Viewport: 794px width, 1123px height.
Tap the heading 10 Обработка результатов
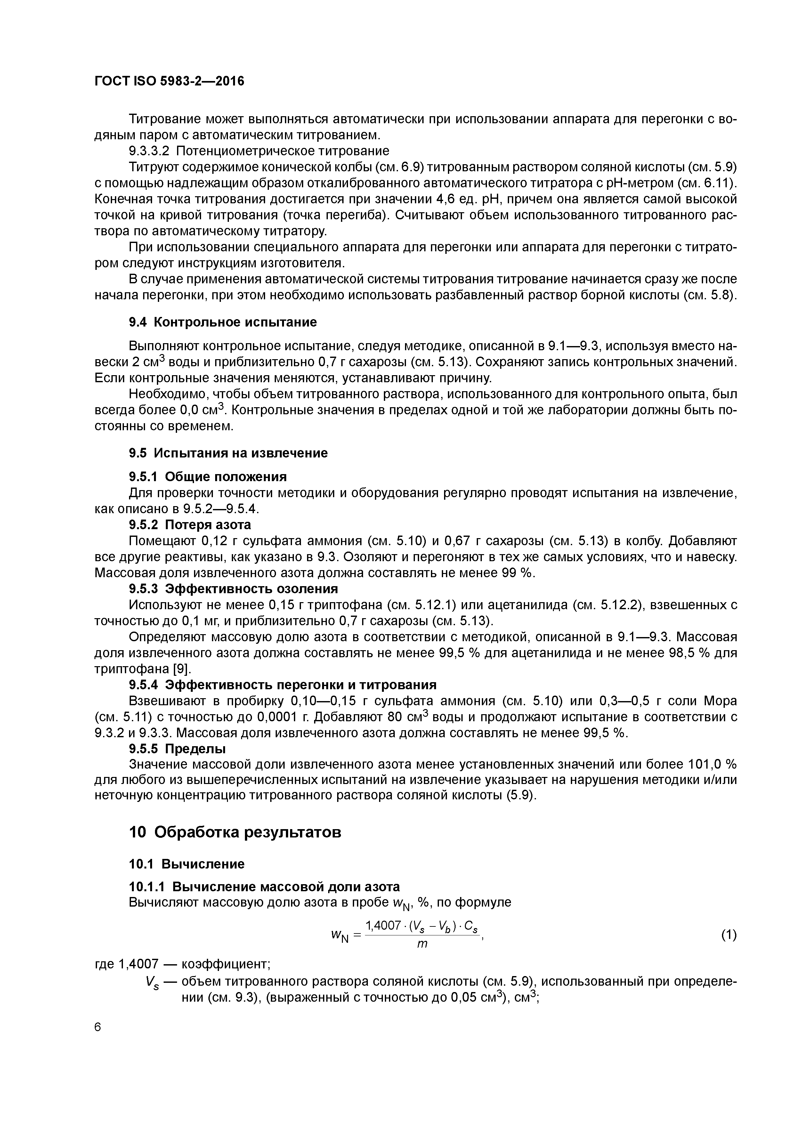235,832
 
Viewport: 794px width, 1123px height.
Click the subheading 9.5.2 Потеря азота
190,525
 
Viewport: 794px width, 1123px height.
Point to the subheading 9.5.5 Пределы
177,749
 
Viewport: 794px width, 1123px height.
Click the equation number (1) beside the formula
728,935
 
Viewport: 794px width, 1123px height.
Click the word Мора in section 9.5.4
720,701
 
